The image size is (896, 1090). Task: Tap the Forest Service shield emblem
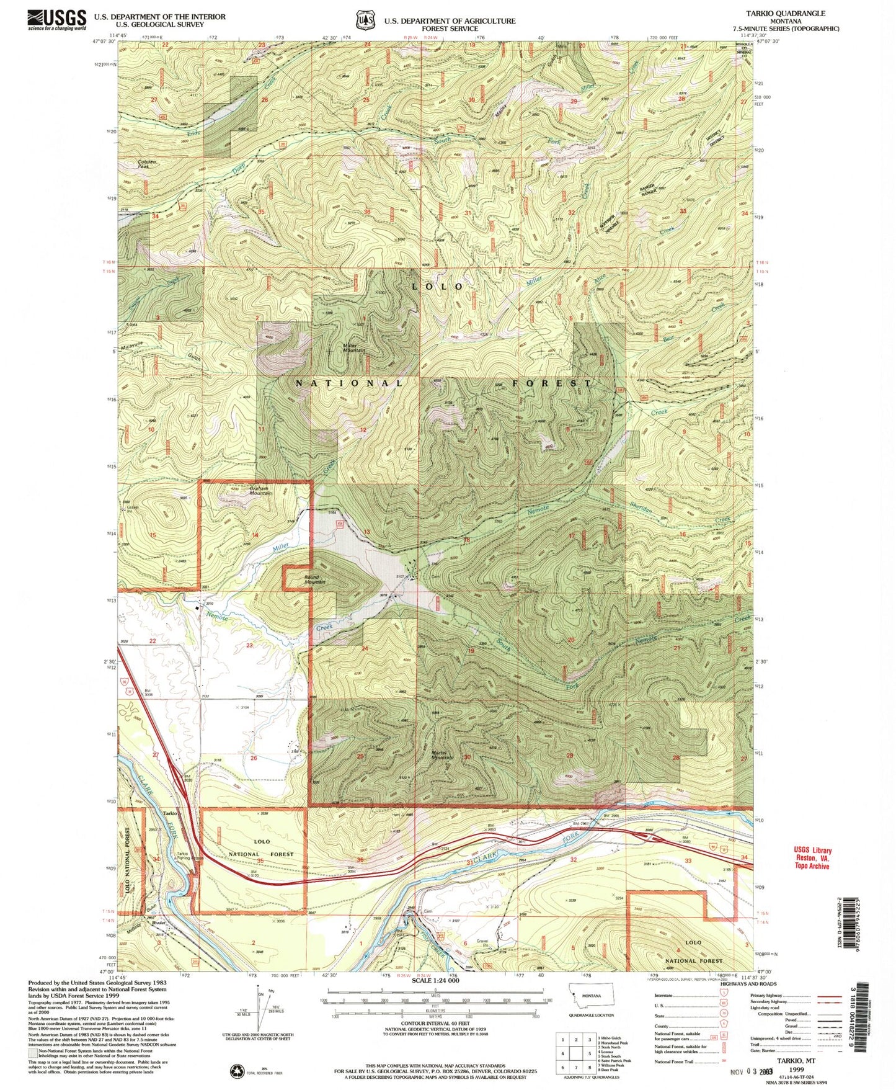coord(365,20)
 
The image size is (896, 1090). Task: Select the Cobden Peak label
coord(143,164)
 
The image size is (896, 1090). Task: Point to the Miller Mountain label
coord(354,347)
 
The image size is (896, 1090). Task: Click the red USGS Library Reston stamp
coord(812,858)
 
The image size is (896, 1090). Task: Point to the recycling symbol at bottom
coord(237,1070)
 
